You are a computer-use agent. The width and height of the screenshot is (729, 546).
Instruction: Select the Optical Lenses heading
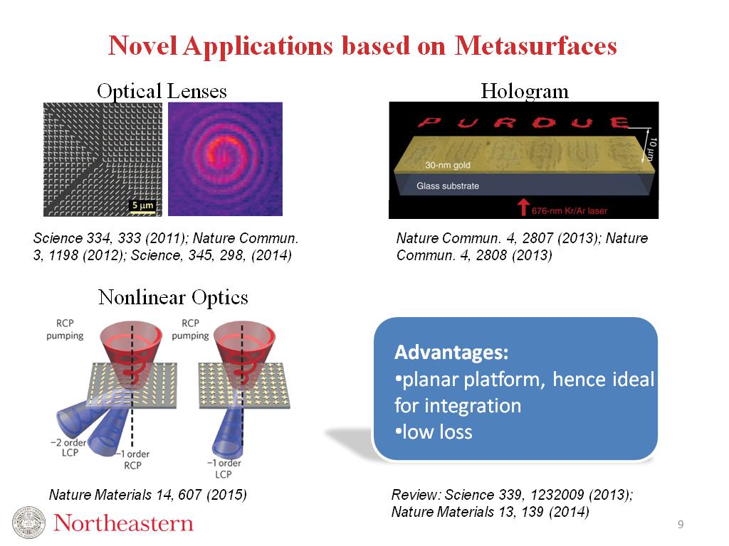click(x=162, y=91)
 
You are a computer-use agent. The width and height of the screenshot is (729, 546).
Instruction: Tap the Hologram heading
click(x=525, y=91)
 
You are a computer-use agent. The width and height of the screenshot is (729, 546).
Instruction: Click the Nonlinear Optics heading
click(x=173, y=296)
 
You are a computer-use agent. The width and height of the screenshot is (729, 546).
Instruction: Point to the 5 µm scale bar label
click(x=144, y=206)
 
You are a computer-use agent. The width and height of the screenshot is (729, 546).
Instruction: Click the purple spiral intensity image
click(x=225, y=159)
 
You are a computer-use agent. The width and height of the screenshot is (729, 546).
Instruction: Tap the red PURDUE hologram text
click(x=524, y=123)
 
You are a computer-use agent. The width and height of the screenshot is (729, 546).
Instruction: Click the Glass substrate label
click(x=447, y=186)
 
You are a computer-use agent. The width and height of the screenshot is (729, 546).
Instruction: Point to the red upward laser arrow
click(x=523, y=206)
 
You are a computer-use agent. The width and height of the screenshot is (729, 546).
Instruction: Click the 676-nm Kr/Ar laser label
click(x=570, y=210)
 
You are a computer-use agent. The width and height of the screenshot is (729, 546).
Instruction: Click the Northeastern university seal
click(x=29, y=523)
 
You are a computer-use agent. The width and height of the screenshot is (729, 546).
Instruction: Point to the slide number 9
click(x=681, y=525)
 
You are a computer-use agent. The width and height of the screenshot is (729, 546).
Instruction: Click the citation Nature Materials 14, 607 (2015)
click(x=147, y=494)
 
